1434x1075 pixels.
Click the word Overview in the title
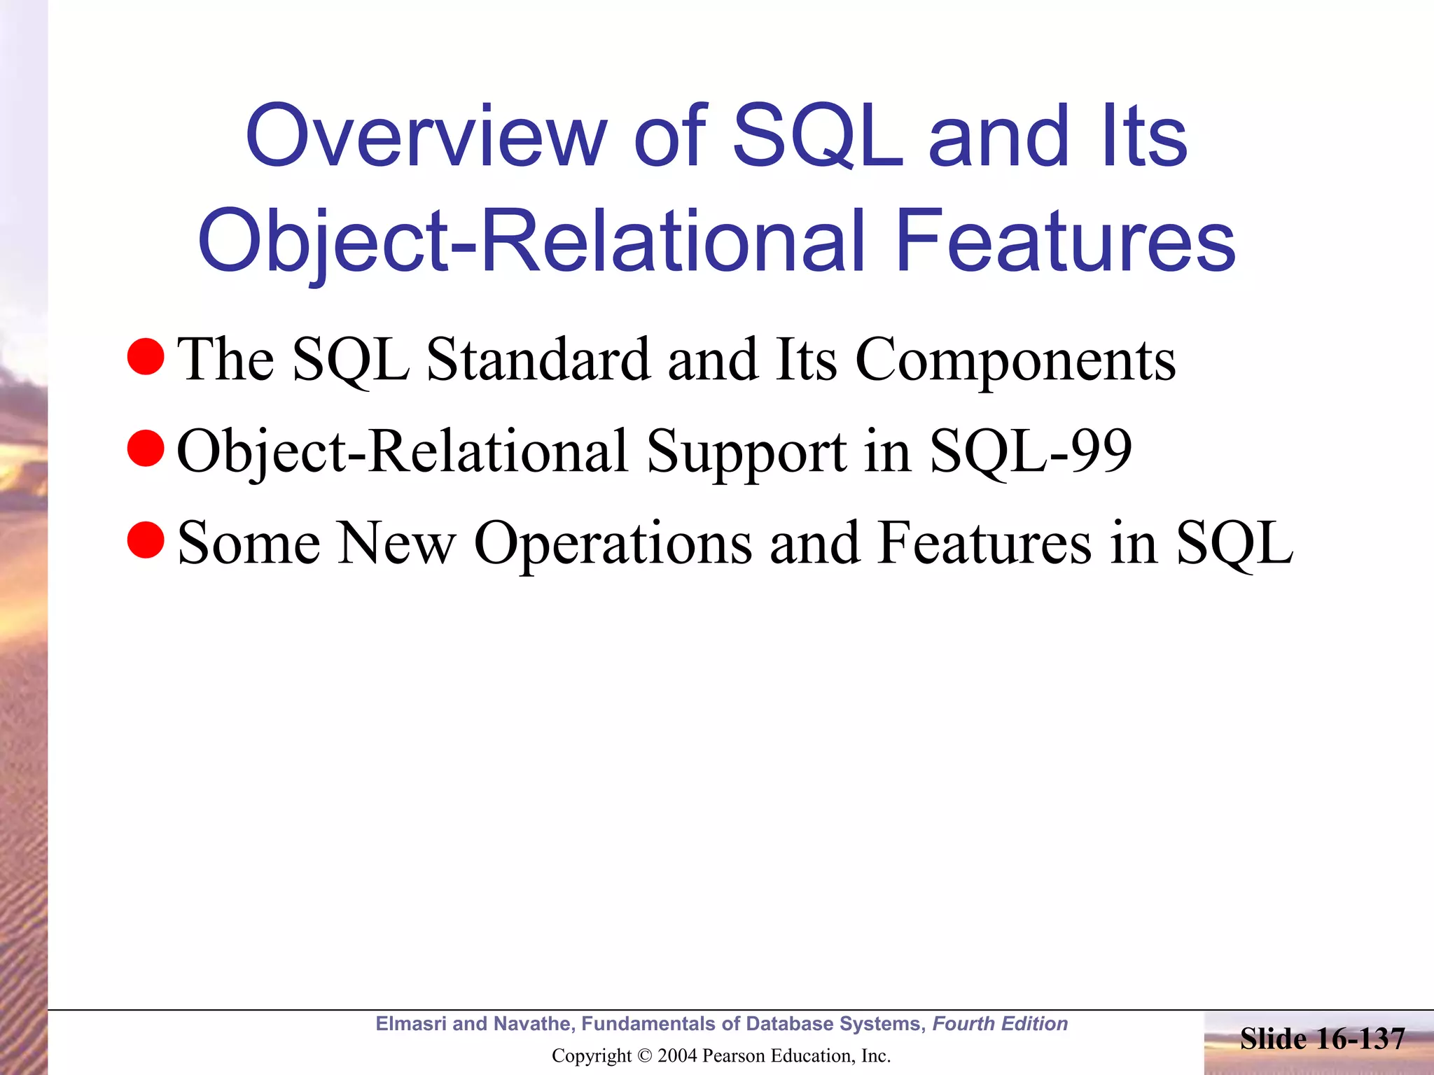[x=426, y=136]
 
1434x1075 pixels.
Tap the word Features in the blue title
[x=1065, y=241]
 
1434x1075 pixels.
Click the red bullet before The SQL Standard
[x=146, y=356]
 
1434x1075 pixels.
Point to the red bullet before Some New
[x=146, y=540]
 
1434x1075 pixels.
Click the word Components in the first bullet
[x=1015, y=360]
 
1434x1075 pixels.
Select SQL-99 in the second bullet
[x=1031, y=451]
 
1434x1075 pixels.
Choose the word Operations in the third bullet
[x=613, y=544]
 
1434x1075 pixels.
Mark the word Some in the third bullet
[x=249, y=543]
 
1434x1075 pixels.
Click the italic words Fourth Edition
[x=1000, y=1024]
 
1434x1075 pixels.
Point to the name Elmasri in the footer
[x=411, y=1024]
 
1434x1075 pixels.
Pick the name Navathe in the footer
[x=534, y=1024]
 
